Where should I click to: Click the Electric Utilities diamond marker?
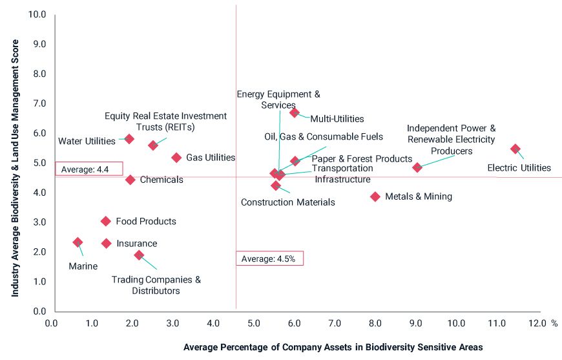(x=515, y=149)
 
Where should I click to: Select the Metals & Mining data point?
(x=375, y=196)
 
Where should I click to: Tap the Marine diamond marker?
(x=78, y=242)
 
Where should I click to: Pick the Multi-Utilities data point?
(x=295, y=112)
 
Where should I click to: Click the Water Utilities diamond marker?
(x=129, y=139)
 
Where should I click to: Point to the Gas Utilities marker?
(x=176, y=158)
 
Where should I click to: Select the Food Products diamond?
(x=106, y=221)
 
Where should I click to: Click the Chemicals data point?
(x=130, y=180)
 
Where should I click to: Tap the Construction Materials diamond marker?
(x=276, y=185)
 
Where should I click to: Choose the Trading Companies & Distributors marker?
(x=139, y=255)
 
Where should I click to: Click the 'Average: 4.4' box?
(x=88, y=169)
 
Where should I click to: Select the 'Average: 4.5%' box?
(x=269, y=259)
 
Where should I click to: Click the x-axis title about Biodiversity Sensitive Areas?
(x=333, y=347)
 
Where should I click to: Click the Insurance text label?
(x=136, y=244)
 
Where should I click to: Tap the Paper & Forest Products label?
(x=362, y=159)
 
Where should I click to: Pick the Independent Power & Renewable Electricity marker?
(x=417, y=167)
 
